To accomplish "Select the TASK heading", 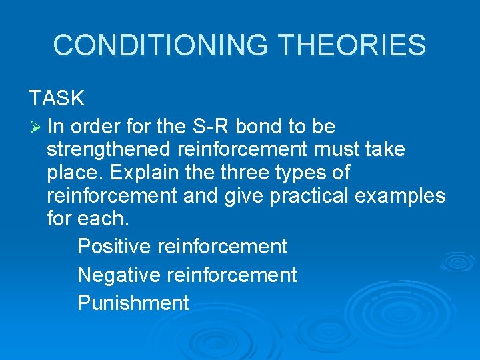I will click(x=57, y=99).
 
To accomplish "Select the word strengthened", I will click(x=109, y=149).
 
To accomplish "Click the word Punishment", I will click(x=133, y=303).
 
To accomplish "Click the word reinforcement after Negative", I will click(x=232, y=275).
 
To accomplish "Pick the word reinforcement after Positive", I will click(x=223, y=247).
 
